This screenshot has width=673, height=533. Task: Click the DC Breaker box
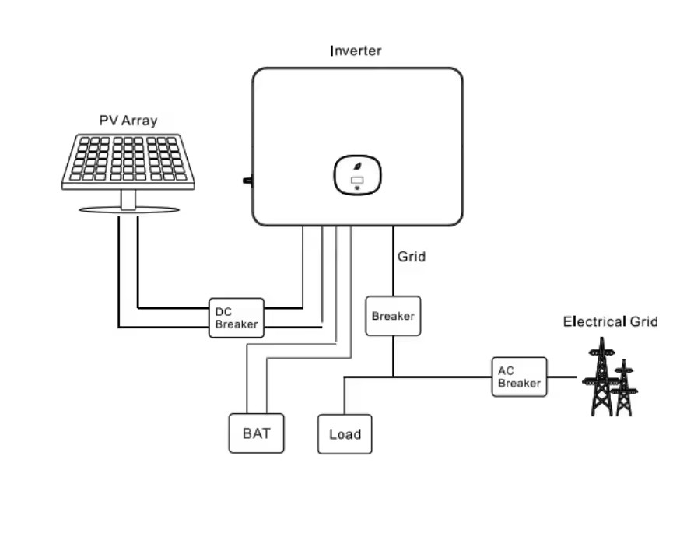(x=237, y=318)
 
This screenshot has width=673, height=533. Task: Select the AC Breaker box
(x=520, y=377)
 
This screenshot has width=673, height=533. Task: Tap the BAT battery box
(x=256, y=433)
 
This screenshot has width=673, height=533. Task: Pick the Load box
(x=345, y=434)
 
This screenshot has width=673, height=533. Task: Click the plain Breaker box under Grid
(x=393, y=316)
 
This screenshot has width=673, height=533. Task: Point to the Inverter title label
(x=356, y=51)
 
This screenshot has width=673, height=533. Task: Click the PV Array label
(x=128, y=121)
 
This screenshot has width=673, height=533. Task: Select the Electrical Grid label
(x=610, y=321)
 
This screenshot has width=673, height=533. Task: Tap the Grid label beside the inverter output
(x=412, y=257)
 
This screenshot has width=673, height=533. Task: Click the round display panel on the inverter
(x=358, y=175)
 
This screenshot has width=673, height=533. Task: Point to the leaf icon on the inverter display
(x=357, y=167)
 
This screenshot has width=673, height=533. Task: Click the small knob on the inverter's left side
(x=247, y=181)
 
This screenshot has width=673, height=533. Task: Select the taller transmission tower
(x=601, y=377)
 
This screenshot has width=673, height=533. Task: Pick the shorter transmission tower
(x=625, y=387)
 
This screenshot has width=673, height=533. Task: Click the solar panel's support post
(x=128, y=199)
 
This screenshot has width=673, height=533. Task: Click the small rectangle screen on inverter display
(x=357, y=181)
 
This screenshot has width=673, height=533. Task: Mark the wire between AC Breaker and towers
(x=562, y=377)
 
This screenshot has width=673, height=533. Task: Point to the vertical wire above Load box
(x=344, y=396)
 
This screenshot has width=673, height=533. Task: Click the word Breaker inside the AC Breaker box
(x=520, y=383)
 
